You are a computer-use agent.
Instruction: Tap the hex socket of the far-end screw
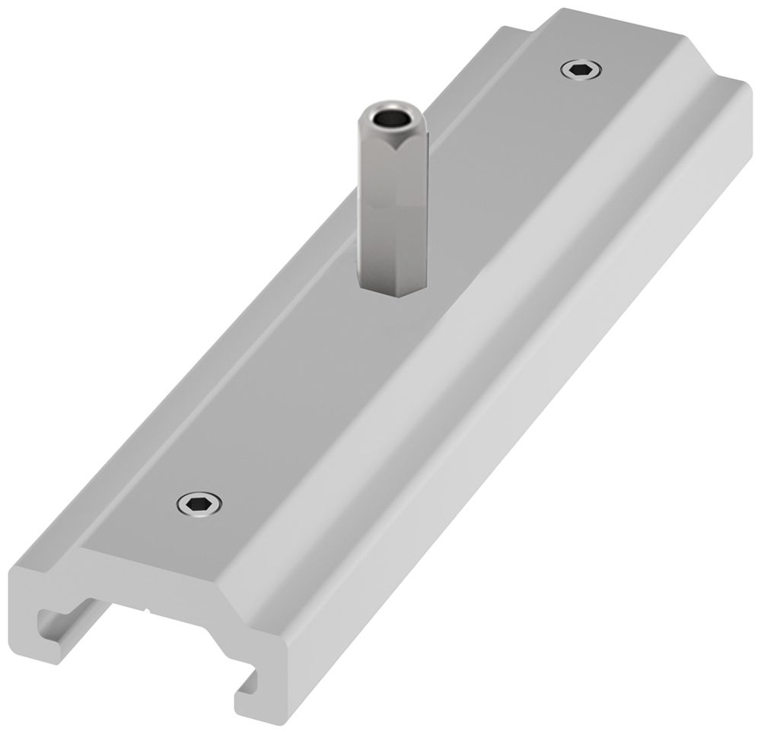pyautogui.click(x=581, y=71)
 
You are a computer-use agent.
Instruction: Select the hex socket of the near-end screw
pyautogui.click(x=199, y=503)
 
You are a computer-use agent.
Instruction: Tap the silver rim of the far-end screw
pyautogui.click(x=568, y=71)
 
